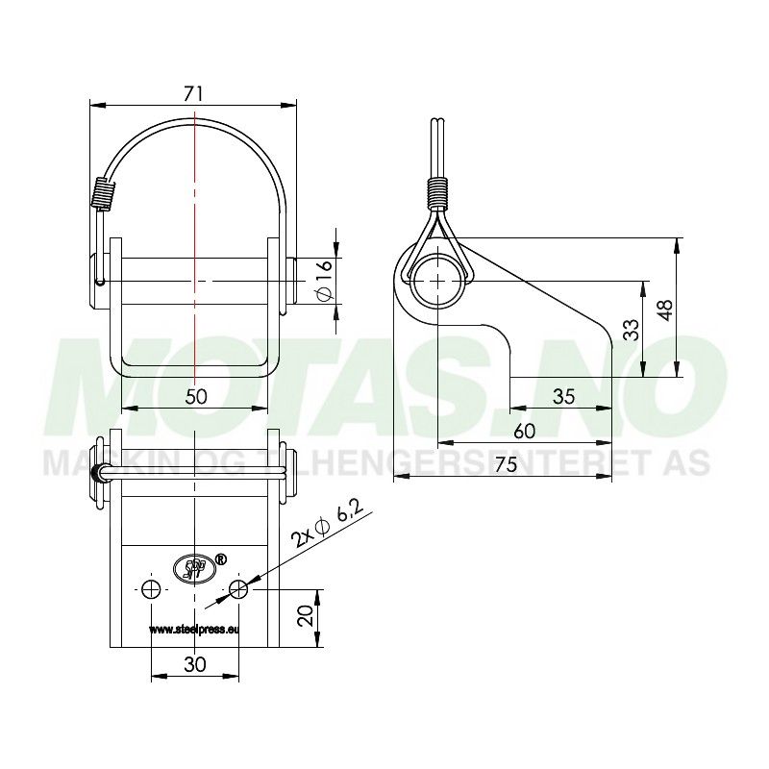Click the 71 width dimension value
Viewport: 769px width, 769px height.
[x=193, y=93]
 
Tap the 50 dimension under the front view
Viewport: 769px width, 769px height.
[x=196, y=396]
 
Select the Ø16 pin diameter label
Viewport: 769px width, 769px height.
[x=324, y=280]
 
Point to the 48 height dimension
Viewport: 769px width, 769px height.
[x=666, y=309]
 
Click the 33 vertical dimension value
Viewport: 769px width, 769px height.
[x=631, y=331]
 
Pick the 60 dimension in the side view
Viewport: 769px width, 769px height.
[x=524, y=431]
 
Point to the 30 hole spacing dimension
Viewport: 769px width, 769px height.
[x=195, y=664]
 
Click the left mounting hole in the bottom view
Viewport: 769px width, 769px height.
[x=151, y=589]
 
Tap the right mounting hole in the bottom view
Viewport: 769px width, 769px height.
[x=238, y=589]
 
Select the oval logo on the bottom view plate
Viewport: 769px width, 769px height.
[x=190, y=568]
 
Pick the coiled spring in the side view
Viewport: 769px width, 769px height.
[x=438, y=193]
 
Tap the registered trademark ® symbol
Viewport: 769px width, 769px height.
[x=219, y=557]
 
